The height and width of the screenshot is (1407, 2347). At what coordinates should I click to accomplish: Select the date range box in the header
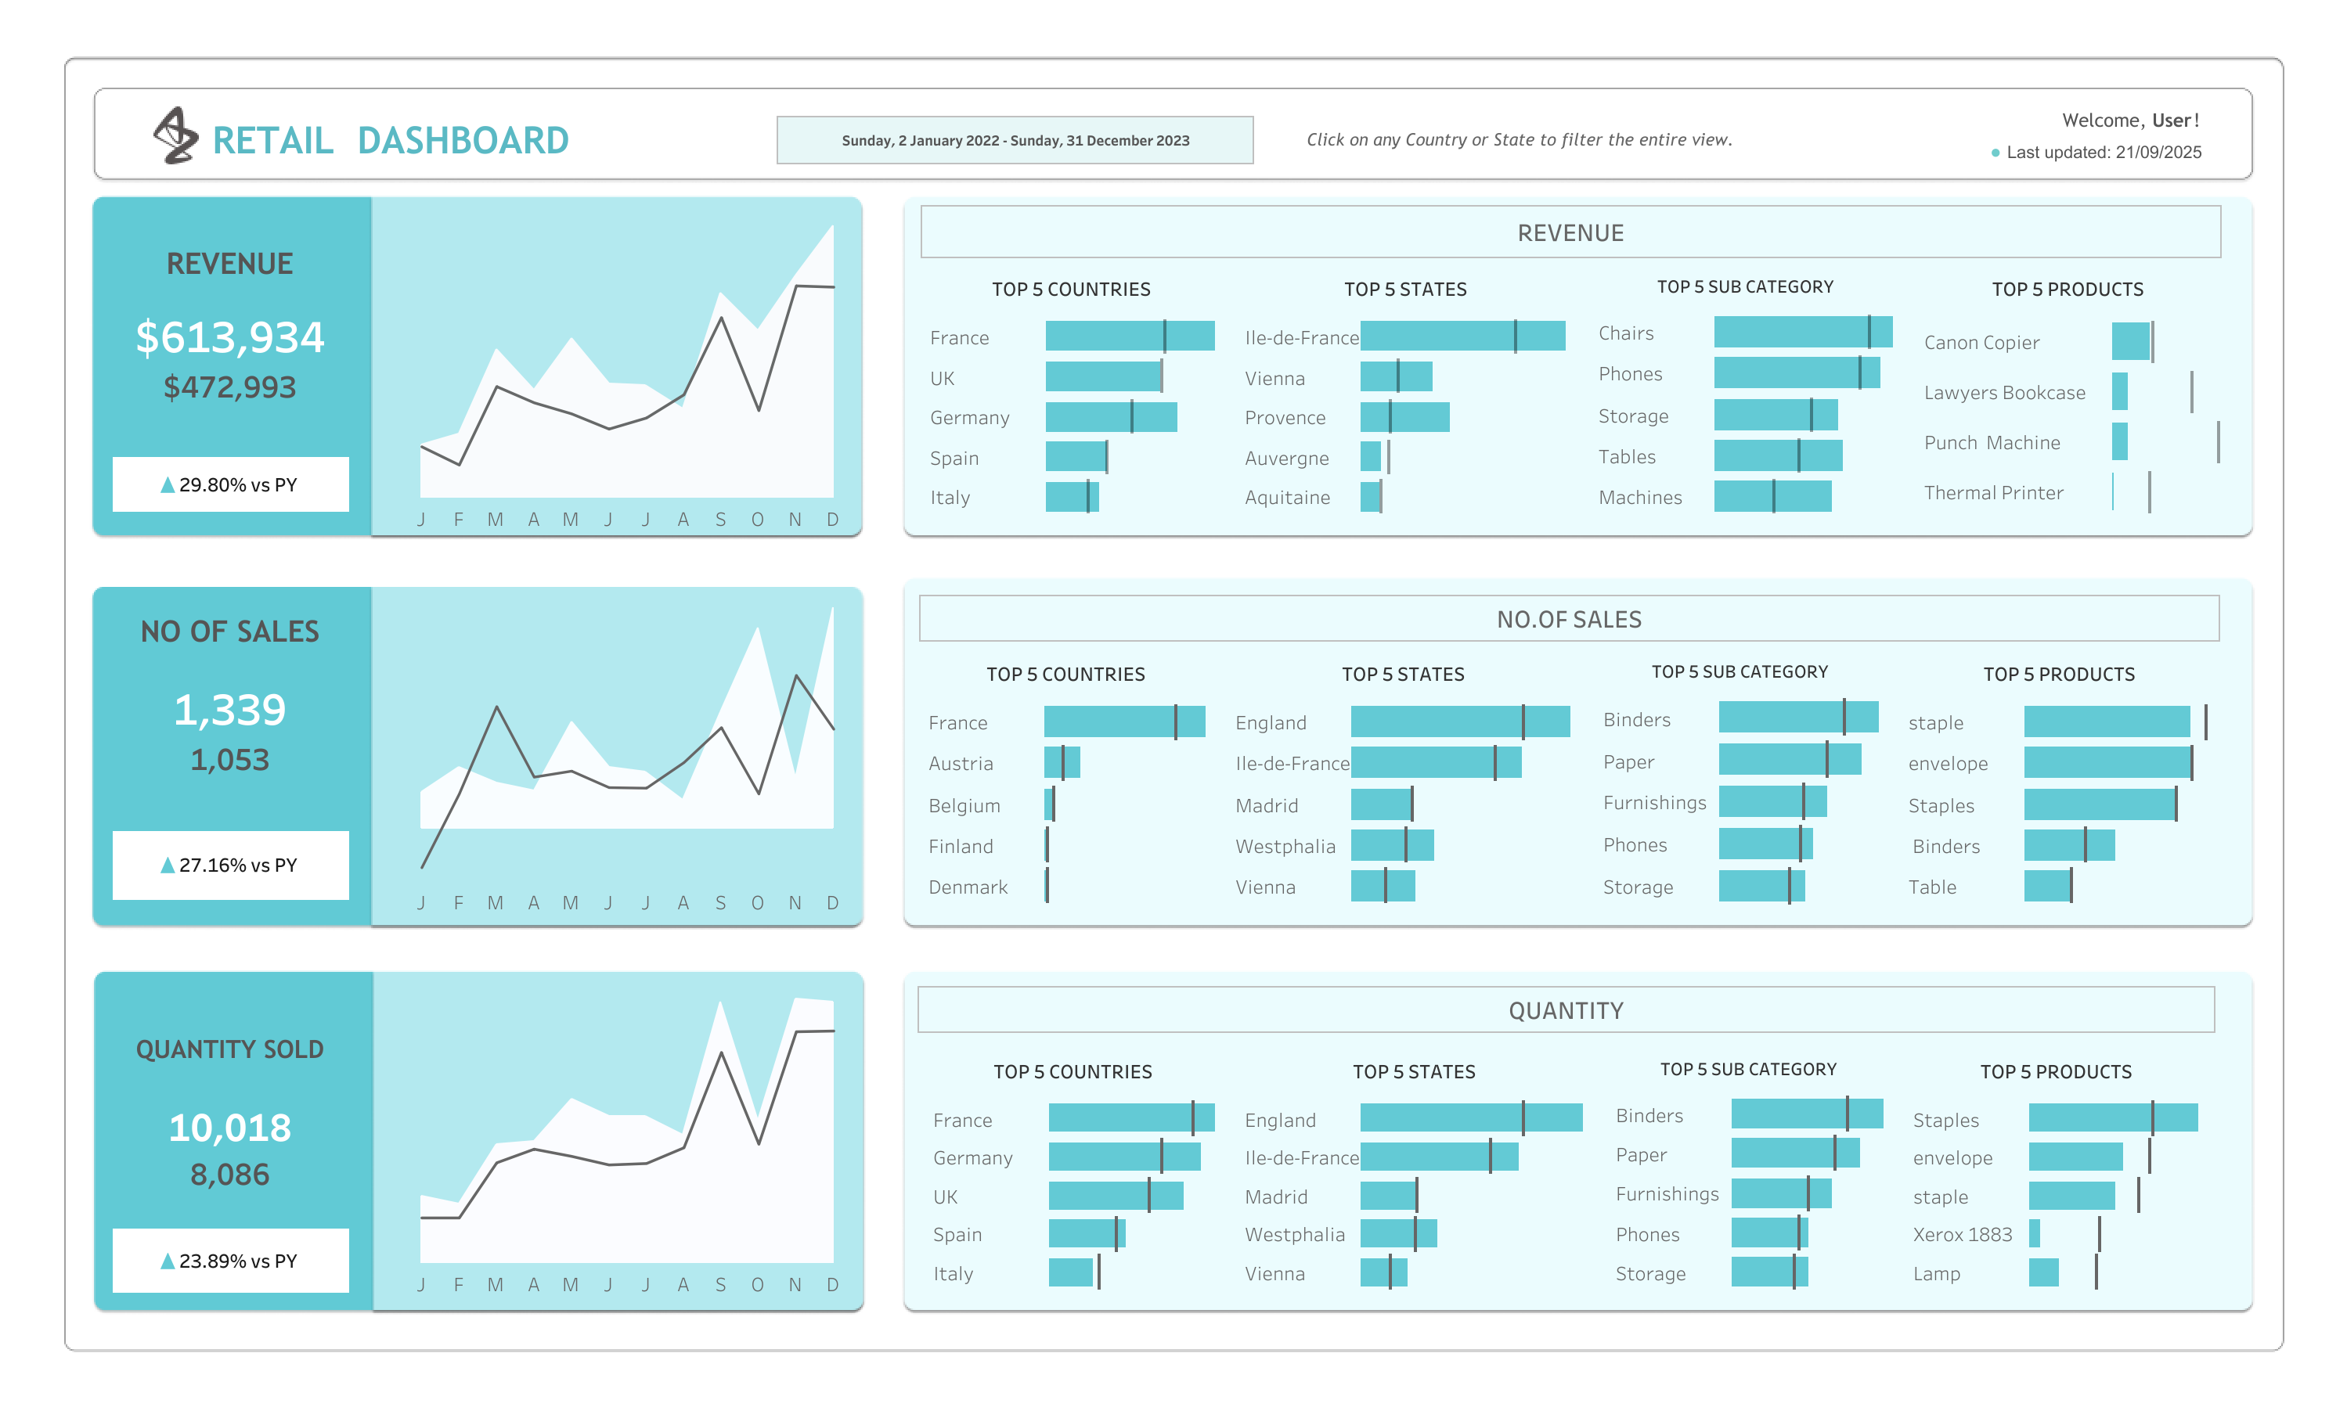tap(1014, 140)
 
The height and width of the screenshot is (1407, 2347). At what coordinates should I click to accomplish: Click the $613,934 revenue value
tap(229, 336)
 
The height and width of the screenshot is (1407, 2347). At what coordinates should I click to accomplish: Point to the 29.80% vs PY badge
tap(229, 484)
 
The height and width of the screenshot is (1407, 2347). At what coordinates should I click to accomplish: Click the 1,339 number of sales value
tap(229, 709)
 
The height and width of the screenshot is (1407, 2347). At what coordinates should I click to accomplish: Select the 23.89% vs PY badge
tap(229, 1260)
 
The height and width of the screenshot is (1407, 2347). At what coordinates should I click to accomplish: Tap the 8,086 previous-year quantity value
tap(229, 1174)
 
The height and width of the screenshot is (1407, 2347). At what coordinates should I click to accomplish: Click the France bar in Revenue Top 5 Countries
tap(1128, 336)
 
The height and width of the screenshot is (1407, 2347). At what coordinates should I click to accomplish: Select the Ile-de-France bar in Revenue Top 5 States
tap(1462, 336)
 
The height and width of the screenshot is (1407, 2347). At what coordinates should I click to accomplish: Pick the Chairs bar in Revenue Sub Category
tap(1801, 332)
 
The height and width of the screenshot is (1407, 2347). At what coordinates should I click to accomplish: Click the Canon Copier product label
tap(1980, 342)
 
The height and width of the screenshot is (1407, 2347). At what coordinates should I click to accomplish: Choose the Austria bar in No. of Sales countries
tap(1061, 762)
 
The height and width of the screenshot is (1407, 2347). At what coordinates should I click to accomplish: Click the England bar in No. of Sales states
tap(1458, 721)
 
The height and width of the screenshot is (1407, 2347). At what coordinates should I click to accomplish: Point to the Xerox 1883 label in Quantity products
tap(1961, 1233)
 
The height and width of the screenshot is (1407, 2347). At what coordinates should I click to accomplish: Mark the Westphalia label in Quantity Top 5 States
tap(1293, 1233)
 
